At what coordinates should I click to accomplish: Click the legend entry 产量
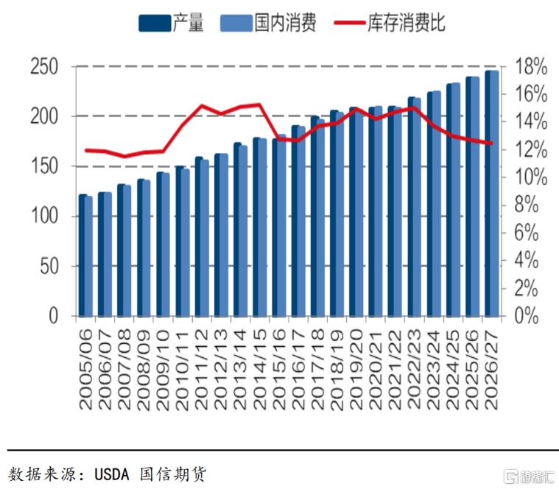click(171, 23)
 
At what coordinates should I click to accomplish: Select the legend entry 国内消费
click(268, 23)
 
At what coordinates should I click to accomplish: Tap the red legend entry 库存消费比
click(390, 23)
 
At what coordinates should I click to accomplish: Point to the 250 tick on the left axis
click(44, 67)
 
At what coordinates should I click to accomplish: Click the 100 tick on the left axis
click(44, 216)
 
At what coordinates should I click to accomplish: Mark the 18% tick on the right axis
click(531, 67)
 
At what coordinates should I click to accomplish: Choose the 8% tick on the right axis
click(526, 205)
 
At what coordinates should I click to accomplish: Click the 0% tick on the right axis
click(526, 316)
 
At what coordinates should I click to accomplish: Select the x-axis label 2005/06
click(86, 369)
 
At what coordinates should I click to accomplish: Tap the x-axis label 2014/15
click(260, 369)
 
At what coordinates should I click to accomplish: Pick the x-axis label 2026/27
click(492, 369)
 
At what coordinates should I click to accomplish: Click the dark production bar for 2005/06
click(82, 256)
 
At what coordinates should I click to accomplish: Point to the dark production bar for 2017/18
click(314, 217)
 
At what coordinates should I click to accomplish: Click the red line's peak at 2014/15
click(259, 105)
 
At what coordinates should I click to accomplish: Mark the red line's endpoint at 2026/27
click(491, 144)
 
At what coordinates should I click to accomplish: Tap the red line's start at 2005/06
click(86, 150)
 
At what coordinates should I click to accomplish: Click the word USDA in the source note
click(112, 474)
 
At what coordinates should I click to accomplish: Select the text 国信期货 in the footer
click(173, 474)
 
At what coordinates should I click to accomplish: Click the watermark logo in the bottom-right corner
click(530, 477)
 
